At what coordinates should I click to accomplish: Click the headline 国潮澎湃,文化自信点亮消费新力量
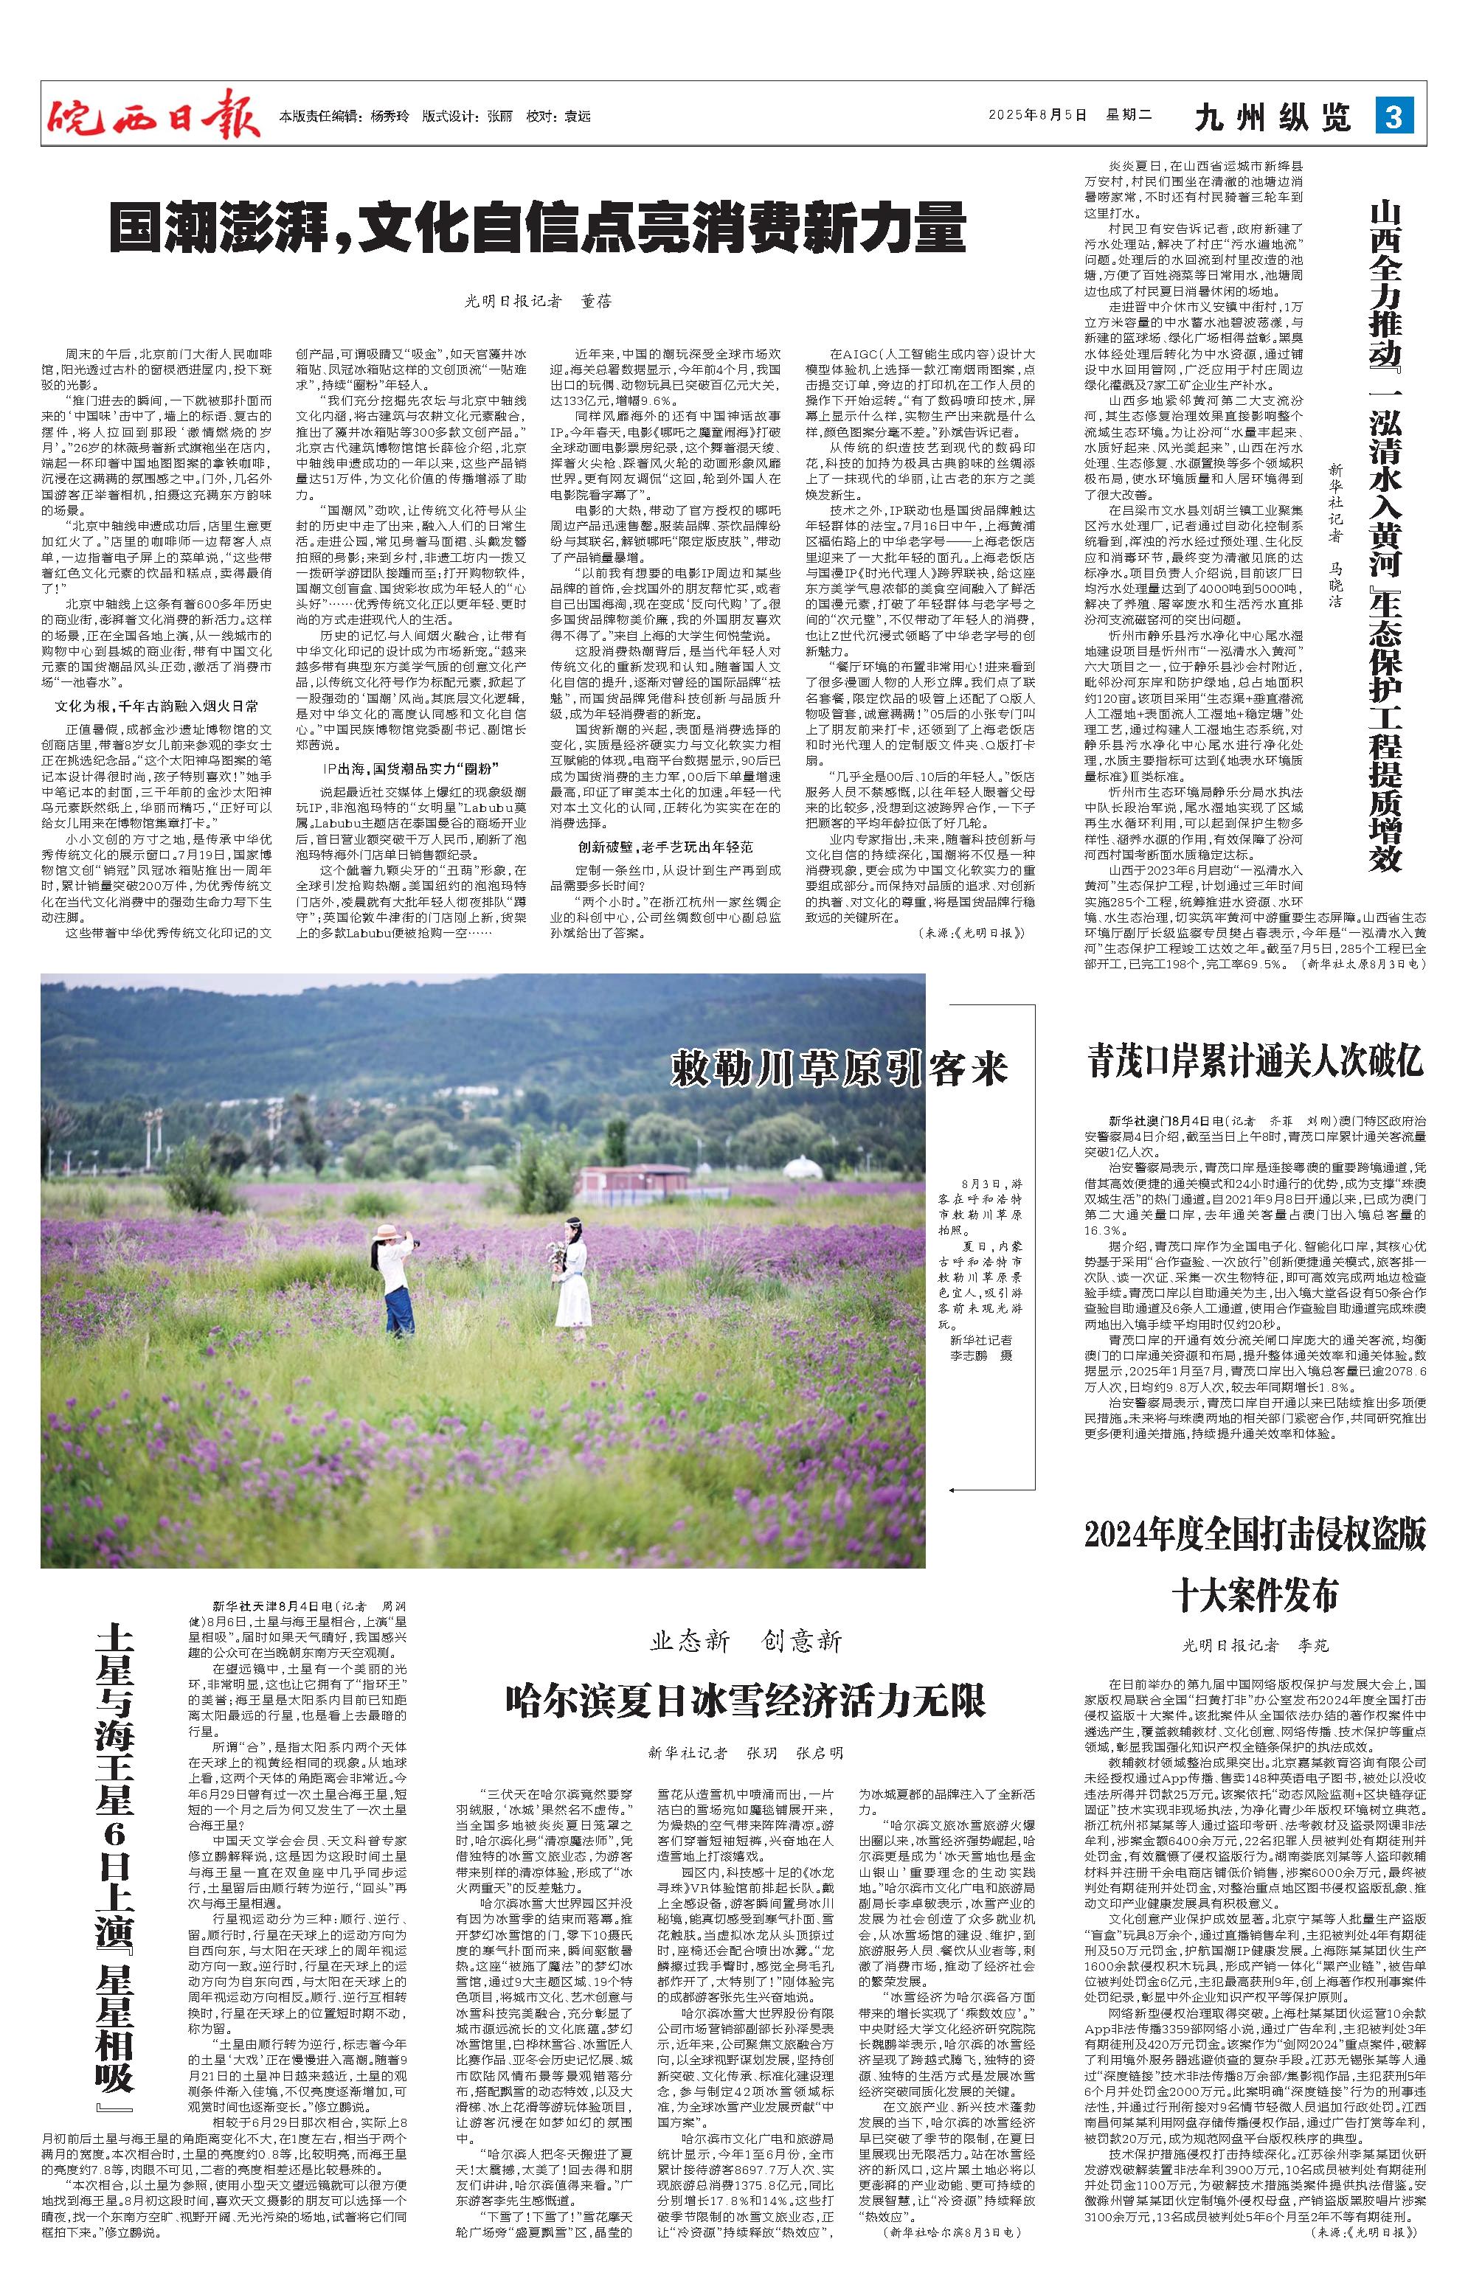pyautogui.click(x=538, y=228)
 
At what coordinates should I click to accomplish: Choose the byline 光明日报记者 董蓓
pyautogui.click(x=538, y=301)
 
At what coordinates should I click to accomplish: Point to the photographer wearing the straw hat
pyautogui.click(x=398, y=1280)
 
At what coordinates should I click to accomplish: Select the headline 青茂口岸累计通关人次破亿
pyautogui.click(x=1256, y=1060)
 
